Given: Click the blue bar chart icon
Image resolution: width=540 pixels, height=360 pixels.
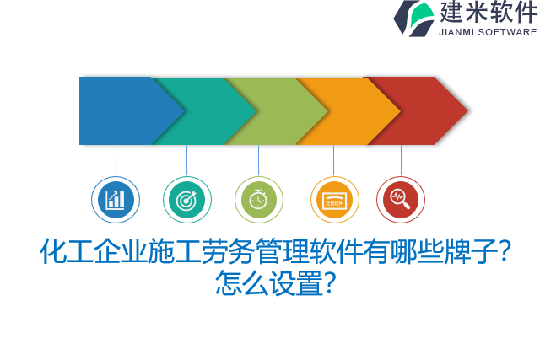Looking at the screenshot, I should tap(116, 200).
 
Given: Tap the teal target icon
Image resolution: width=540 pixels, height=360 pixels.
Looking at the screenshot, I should tap(186, 200).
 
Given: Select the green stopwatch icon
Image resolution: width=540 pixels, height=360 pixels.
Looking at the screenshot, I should tap(258, 200).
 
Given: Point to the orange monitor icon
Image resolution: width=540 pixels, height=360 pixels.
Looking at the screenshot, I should tap(334, 200).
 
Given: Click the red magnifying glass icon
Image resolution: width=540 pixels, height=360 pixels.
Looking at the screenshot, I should tap(400, 200).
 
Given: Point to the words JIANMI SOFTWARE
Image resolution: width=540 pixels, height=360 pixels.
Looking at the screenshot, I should tap(488, 32).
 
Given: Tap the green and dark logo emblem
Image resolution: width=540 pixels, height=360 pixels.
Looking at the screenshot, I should tap(414, 18).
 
